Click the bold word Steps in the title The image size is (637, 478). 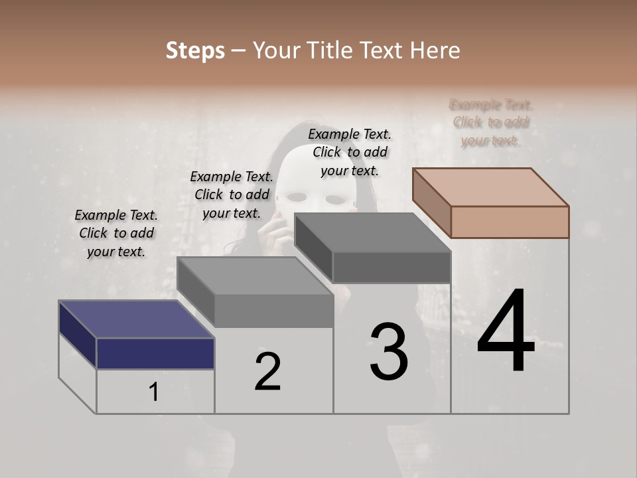point(195,50)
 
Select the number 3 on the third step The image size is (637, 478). point(388,352)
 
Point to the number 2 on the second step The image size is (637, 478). point(267,371)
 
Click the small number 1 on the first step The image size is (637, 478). point(153,392)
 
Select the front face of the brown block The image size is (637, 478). point(510,222)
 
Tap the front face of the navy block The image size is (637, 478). point(155,353)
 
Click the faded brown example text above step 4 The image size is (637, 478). point(491,122)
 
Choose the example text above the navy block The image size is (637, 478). point(116,233)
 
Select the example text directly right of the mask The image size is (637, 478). point(350,152)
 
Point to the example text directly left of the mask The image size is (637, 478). point(232,195)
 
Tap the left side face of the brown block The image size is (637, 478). point(432,202)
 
